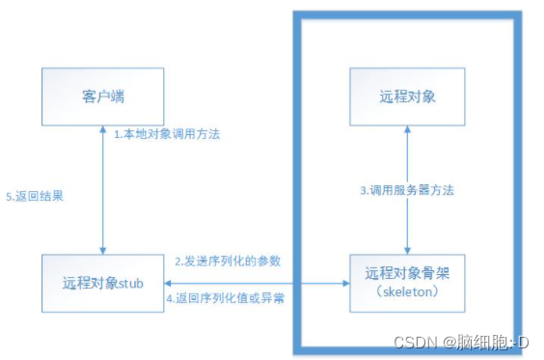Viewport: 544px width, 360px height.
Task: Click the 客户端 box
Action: (102, 98)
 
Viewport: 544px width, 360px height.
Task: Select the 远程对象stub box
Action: (102, 284)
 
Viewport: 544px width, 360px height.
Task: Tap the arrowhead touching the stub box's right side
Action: (169, 284)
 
